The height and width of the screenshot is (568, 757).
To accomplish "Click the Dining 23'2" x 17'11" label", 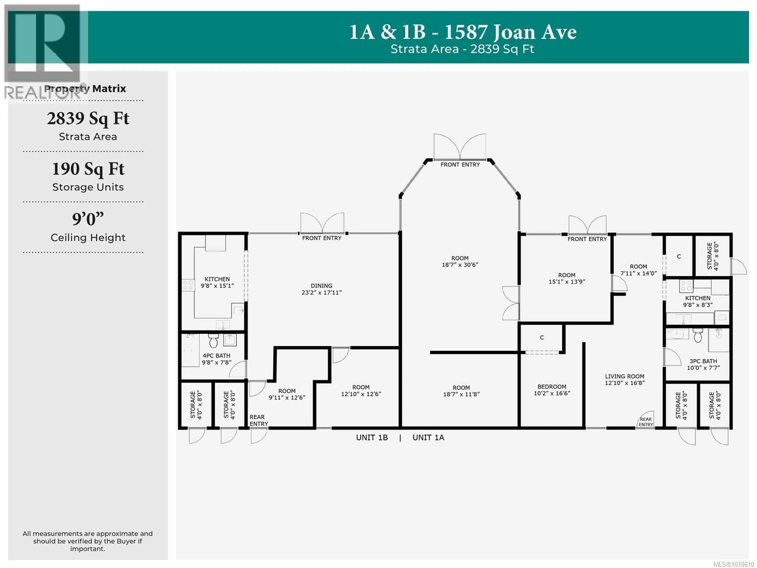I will coord(321,289).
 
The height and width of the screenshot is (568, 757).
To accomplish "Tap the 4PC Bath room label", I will coord(216,359).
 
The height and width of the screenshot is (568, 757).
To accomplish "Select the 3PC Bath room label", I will coord(703,364).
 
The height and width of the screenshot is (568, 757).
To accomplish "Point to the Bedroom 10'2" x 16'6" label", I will coord(552,390).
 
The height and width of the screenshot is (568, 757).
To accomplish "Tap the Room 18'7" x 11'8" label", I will coord(461,391).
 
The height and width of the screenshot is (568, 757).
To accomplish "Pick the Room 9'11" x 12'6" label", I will coord(287,394).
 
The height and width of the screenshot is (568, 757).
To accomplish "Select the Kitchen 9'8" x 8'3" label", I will coord(697,301).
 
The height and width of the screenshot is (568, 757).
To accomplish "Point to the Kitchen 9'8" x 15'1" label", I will coord(217,282).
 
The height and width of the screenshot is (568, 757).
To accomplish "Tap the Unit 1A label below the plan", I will coord(428,438).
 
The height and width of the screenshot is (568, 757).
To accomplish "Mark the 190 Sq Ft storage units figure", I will coord(88,169).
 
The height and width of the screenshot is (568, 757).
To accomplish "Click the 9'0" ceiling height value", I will coord(88,219).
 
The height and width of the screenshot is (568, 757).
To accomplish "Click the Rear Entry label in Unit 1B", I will coord(258,420).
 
